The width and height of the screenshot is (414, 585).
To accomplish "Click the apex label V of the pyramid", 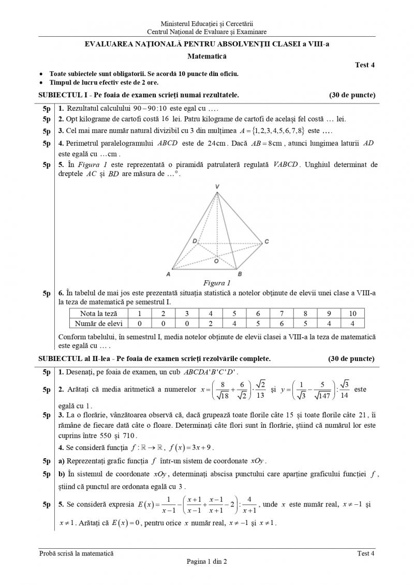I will pyautogui.click(x=218, y=187).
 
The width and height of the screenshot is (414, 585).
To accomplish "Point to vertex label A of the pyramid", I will pyautogui.click(x=168, y=274).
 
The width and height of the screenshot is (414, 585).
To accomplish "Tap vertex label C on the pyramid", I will pyautogui.click(x=267, y=242).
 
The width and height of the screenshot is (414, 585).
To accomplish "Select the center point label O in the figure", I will pyautogui.click(x=216, y=262).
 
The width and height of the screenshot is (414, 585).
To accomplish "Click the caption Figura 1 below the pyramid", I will pyautogui.click(x=217, y=283).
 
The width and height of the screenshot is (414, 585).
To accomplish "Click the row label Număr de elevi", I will pyautogui.click(x=98, y=323).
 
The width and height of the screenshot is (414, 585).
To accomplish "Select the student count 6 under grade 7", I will pyautogui.click(x=282, y=323).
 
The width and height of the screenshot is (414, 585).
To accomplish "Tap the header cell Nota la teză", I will pyautogui.click(x=98, y=313).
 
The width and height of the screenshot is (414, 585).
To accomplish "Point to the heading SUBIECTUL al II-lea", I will pyautogui.click(x=76, y=358).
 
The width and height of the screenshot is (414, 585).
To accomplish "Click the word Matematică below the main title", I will pyautogui.click(x=206, y=55).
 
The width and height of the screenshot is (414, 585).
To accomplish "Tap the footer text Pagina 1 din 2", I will pyautogui.click(x=207, y=562).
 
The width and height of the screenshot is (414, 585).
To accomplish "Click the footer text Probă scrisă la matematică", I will pyautogui.click(x=77, y=553).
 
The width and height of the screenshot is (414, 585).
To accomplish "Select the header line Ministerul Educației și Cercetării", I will pyautogui.click(x=207, y=24).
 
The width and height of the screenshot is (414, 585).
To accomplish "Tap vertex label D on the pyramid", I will pyautogui.click(x=195, y=241).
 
